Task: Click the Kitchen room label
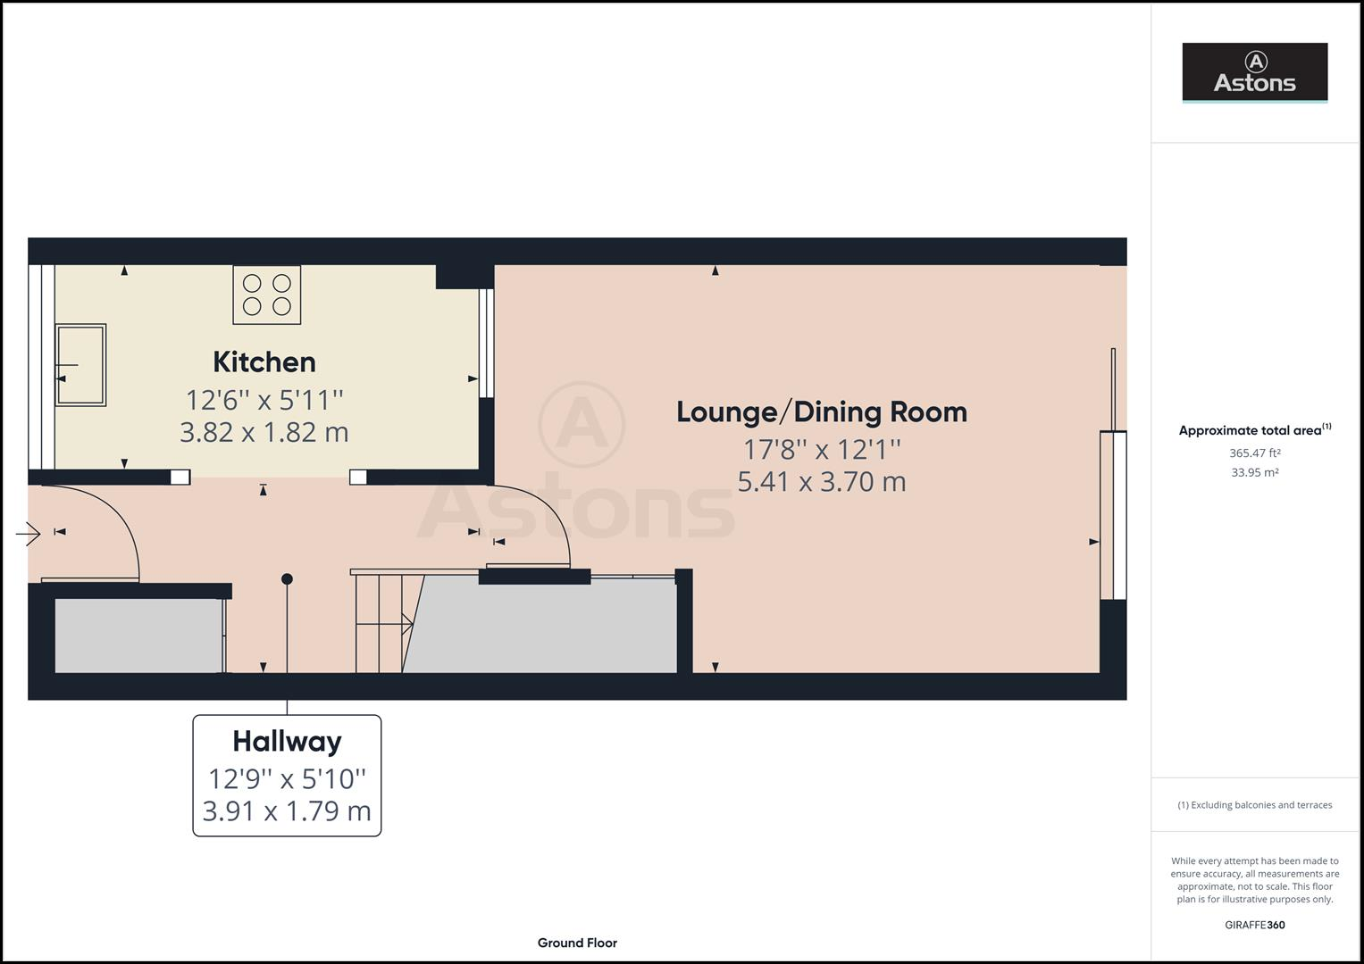click(264, 361)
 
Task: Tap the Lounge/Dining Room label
click(821, 411)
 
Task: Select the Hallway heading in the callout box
click(287, 741)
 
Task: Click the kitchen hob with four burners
click(267, 295)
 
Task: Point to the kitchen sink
click(81, 365)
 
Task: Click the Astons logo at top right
click(1254, 72)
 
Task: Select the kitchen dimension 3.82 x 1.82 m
click(264, 432)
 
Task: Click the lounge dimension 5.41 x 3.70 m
click(821, 482)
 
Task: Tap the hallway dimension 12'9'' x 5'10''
click(287, 778)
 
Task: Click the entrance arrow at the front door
click(29, 535)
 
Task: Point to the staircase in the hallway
click(382, 623)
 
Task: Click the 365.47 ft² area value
click(1254, 453)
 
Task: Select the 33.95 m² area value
click(1254, 473)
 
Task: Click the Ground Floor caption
click(577, 943)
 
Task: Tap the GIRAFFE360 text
click(1254, 925)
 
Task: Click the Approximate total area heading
click(1254, 430)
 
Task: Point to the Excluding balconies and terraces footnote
click(1254, 805)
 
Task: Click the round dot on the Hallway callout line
click(287, 579)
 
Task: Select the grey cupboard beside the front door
click(138, 636)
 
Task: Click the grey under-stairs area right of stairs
click(545, 628)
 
